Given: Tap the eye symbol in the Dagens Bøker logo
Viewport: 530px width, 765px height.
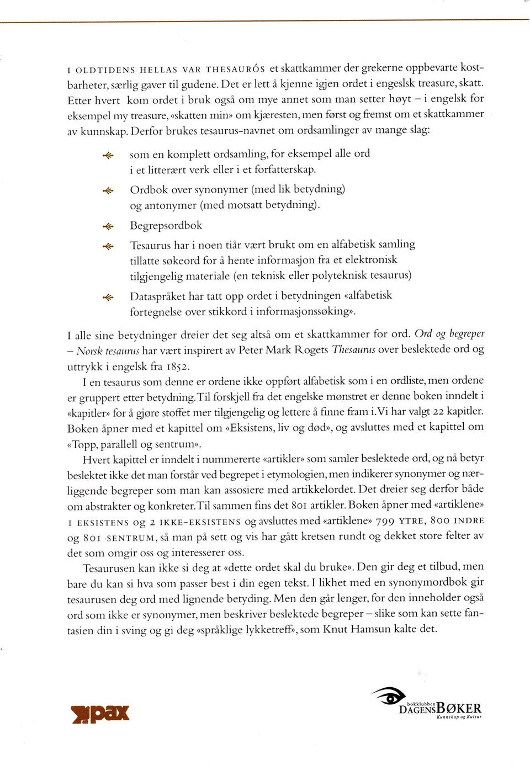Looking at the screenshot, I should (389, 697).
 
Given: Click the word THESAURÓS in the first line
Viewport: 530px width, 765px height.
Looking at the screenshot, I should (236, 70).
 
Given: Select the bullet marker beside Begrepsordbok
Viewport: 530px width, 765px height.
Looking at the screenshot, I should (108, 226).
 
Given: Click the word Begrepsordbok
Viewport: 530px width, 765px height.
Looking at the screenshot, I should (166, 226).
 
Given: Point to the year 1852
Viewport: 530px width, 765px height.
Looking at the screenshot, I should (178, 366).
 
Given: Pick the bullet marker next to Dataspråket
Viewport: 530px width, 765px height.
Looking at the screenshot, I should (108, 297).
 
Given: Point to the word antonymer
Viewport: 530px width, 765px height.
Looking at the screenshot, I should (170, 205).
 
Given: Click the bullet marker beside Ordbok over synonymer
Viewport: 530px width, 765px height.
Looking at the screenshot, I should (108, 190).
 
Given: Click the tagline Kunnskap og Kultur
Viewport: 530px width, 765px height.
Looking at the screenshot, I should (459, 718).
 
